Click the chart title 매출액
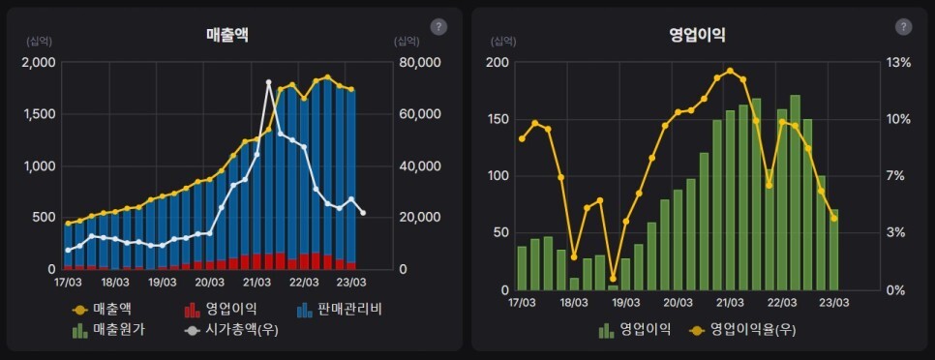(227, 35)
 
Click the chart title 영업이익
(697, 35)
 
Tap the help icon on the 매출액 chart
(438, 27)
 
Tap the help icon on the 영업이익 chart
(903, 27)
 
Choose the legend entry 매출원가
(108, 330)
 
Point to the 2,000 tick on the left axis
(39, 63)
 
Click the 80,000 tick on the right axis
(420, 63)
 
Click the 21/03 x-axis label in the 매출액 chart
(256, 283)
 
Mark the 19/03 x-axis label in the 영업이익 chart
(626, 302)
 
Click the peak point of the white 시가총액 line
(268, 83)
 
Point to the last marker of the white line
(363, 213)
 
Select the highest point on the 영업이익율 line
(730, 71)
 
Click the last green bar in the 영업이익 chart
(834, 250)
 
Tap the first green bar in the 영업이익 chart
(523, 268)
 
